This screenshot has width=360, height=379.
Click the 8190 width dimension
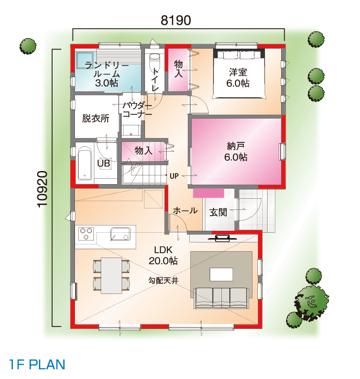[x=176, y=20]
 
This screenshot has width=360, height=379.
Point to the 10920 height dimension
[x=42, y=189]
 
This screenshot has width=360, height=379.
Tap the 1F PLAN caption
[x=37, y=364]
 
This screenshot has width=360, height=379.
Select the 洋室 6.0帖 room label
[x=238, y=78]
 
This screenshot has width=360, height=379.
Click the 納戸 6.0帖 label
[x=236, y=152]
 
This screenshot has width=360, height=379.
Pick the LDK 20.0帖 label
[x=163, y=255]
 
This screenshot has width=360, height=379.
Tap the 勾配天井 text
[x=163, y=281]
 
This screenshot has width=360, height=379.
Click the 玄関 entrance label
[x=218, y=212]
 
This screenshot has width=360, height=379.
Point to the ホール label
[x=185, y=211]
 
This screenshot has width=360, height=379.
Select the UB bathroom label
[x=104, y=163]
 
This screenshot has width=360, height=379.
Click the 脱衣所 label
[x=95, y=119]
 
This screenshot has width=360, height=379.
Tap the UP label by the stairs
[x=174, y=176]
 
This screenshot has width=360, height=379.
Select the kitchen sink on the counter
[x=121, y=234]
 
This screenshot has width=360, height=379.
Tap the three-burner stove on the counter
[x=86, y=234]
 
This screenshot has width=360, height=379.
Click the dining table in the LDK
[x=111, y=276]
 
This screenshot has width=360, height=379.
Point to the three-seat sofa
[x=221, y=298]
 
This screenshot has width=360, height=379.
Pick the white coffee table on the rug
[x=221, y=275]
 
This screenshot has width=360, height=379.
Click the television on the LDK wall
[x=222, y=238]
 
